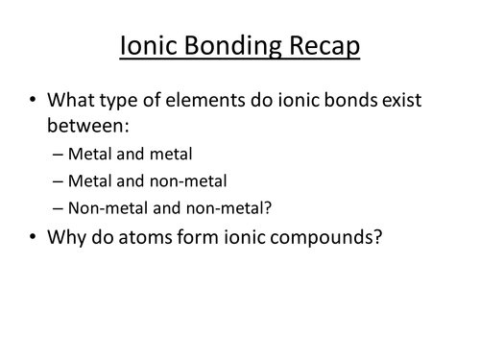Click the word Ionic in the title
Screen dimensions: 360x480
click(x=148, y=46)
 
